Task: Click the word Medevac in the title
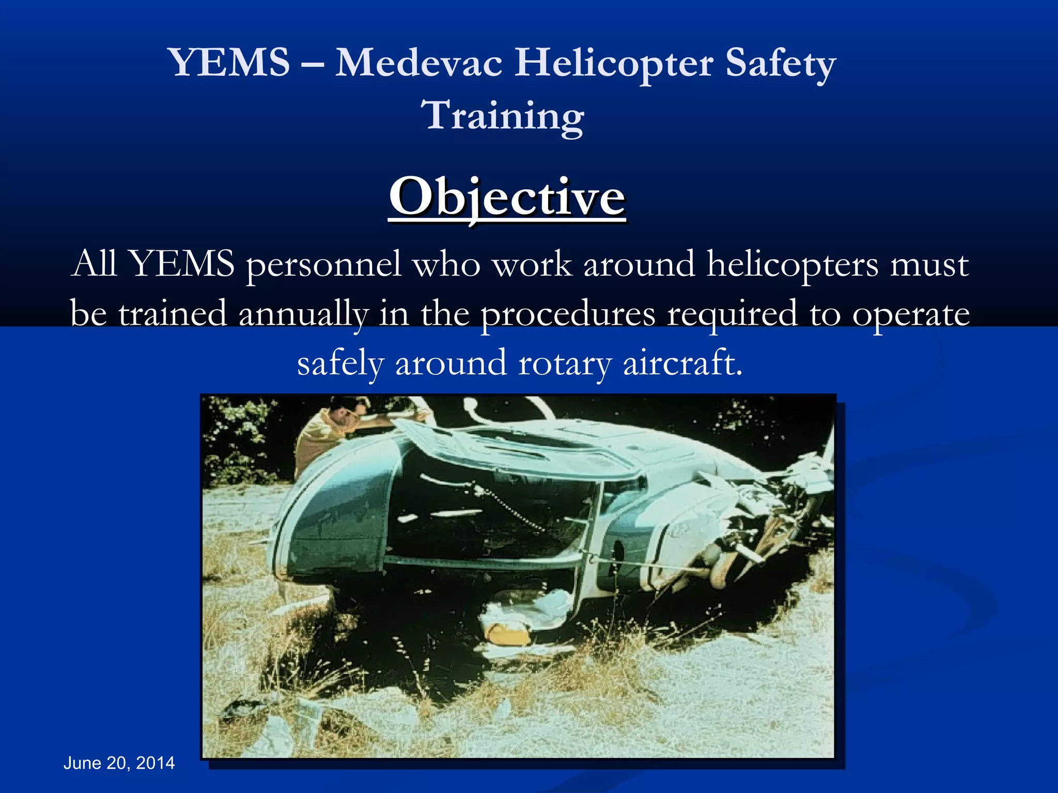point(419,63)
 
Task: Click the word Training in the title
point(504,116)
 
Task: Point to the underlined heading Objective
point(507,198)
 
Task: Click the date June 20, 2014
point(119,763)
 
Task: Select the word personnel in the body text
point(323,264)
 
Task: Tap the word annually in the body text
point(303,314)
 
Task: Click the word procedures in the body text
point(568,314)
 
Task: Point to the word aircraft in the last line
point(682,363)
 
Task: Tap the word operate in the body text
point(911,314)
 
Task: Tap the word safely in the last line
point(340,363)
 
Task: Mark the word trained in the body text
point(173,314)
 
